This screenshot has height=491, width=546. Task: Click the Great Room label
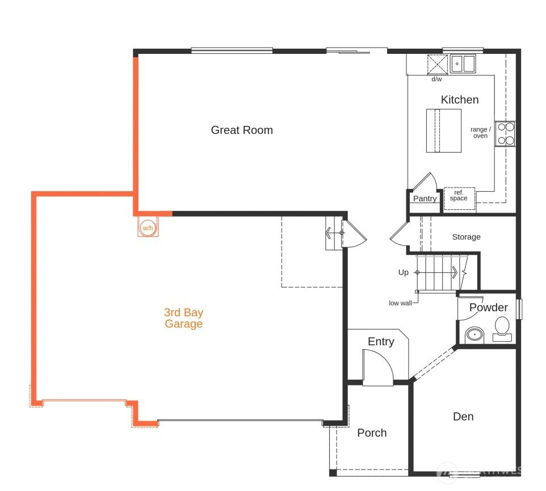[x=242, y=130]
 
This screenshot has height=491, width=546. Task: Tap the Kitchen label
[x=460, y=100]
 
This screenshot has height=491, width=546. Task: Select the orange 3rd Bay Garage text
[x=183, y=318]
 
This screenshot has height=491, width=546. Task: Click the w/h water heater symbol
[x=148, y=227]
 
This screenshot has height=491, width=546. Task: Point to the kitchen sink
[x=463, y=64]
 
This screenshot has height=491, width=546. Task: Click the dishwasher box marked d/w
[x=438, y=65]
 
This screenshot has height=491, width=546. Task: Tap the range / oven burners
[x=505, y=134]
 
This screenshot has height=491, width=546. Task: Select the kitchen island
[x=444, y=131]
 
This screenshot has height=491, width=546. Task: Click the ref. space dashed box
[x=459, y=198]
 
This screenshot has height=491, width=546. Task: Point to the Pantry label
[x=425, y=198]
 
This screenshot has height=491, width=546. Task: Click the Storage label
[x=467, y=237]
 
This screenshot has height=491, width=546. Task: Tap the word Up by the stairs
[x=403, y=272]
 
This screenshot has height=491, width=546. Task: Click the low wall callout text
[x=400, y=303]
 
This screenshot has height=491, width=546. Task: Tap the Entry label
[x=381, y=341]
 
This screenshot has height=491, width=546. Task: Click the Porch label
[x=372, y=433]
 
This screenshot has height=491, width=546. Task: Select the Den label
[x=463, y=417]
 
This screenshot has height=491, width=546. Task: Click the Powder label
[x=489, y=307]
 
